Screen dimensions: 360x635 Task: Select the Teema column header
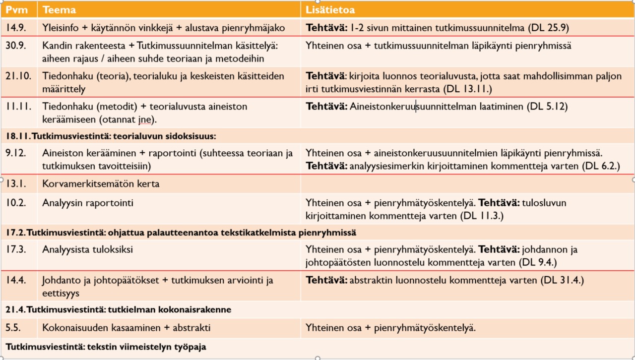coord(59,10)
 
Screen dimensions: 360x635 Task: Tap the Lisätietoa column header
coord(330,10)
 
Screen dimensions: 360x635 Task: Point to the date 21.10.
coord(18,76)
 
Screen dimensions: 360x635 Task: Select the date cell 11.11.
coord(18,106)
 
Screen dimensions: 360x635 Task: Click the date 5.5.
coord(13,328)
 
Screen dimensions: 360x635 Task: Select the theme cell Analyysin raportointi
coord(88,203)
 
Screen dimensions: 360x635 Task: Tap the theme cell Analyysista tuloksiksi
coord(87,249)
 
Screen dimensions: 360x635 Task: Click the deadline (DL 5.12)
coord(547,106)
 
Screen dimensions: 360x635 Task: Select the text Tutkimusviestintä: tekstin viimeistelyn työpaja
coord(106,347)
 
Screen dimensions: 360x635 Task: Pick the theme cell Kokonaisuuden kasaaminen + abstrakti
coord(127,328)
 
